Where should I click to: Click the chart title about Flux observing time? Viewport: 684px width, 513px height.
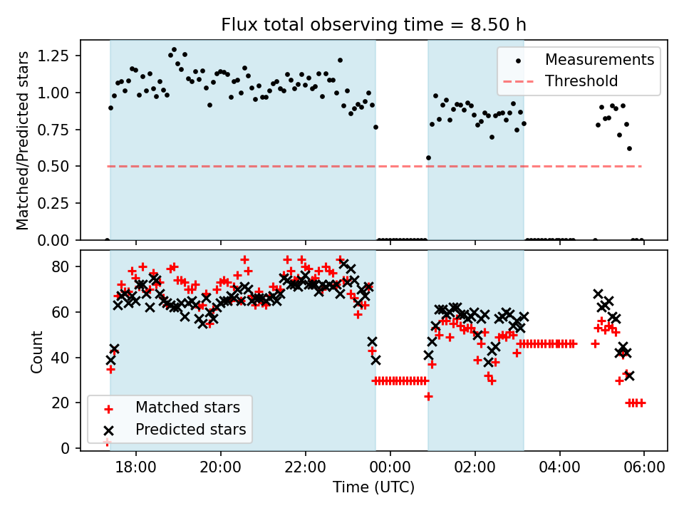click(373, 26)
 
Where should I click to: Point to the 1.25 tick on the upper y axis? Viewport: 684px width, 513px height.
click(62, 56)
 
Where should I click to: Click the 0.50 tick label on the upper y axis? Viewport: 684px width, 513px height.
click(62, 167)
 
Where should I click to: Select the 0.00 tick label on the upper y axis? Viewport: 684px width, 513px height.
click(62, 240)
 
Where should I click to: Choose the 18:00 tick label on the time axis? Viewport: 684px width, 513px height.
click(136, 471)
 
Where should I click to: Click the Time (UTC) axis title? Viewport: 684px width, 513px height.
click(373, 488)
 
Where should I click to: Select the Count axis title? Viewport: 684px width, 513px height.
click(37, 351)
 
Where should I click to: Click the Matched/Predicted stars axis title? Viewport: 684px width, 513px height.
click(23, 140)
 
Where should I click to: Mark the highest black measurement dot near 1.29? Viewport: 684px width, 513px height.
click(174, 50)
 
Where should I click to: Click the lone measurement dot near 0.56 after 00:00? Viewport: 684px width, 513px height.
click(428, 157)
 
